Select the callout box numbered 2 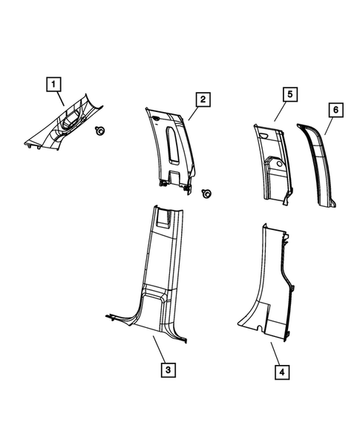pyautogui.click(x=200, y=99)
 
